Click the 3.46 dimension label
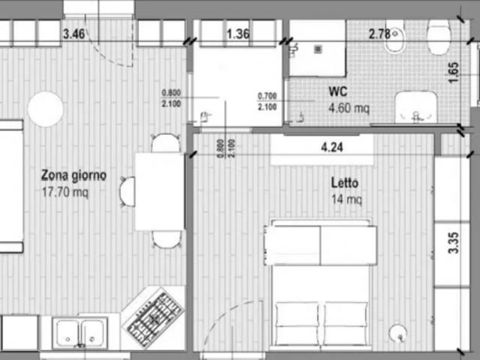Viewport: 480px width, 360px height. pyautogui.click(x=73, y=34)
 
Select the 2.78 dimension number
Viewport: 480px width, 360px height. pyautogui.click(x=380, y=34)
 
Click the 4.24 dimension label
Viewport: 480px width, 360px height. pyautogui.click(x=331, y=148)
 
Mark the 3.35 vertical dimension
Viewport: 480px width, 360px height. pyautogui.click(x=453, y=244)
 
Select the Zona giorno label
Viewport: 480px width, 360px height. pyautogui.click(x=73, y=175)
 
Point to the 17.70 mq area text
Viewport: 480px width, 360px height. pyautogui.click(x=66, y=191)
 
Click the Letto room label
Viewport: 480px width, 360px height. pyautogui.click(x=345, y=183)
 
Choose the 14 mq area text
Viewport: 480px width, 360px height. pyautogui.click(x=346, y=199)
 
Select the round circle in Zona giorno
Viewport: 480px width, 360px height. pyautogui.click(x=46, y=109)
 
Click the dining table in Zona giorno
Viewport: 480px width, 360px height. pyautogui.click(x=159, y=191)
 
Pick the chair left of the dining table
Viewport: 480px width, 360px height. pyautogui.click(x=127, y=191)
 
